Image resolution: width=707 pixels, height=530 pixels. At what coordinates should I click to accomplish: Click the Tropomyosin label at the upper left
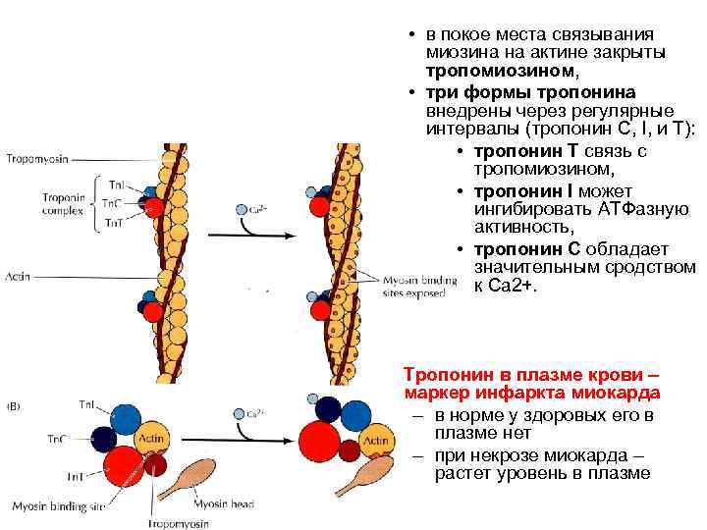(x=37, y=158)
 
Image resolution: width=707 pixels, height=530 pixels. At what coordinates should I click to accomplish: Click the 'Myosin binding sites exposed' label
(x=418, y=285)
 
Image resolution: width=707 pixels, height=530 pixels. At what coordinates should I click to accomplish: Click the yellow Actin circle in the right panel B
(x=374, y=443)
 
